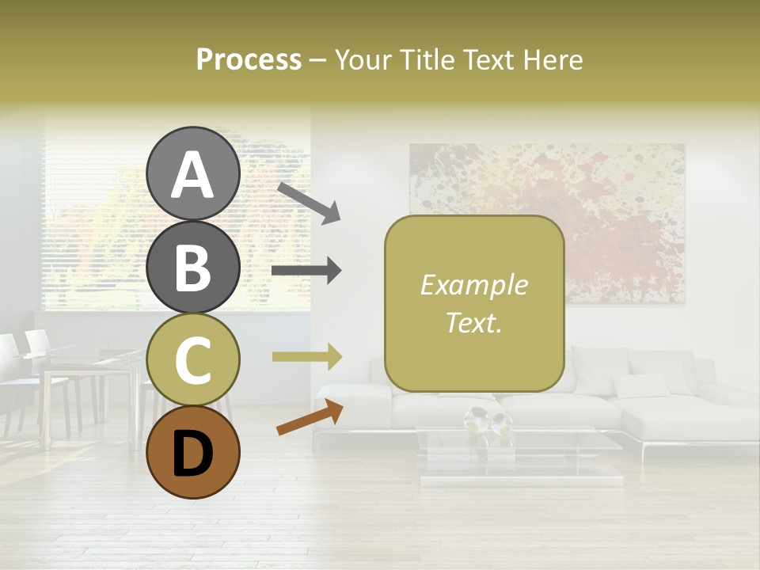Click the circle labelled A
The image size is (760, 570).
pyautogui.click(x=193, y=173)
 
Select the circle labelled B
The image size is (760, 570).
pyautogui.click(x=193, y=267)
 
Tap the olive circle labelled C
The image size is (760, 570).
pyautogui.click(x=193, y=359)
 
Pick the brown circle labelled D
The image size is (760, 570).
pyautogui.click(x=193, y=452)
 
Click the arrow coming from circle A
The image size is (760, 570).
pyautogui.click(x=309, y=201)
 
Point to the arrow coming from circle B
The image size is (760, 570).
pyautogui.click(x=306, y=272)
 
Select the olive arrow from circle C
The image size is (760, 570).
pyautogui.click(x=306, y=357)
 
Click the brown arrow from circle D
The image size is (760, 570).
pyautogui.click(x=310, y=417)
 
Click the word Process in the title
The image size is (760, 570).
pyautogui.click(x=249, y=60)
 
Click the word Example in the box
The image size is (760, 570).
pyautogui.click(x=474, y=286)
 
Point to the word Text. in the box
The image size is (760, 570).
pyautogui.click(x=474, y=322)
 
